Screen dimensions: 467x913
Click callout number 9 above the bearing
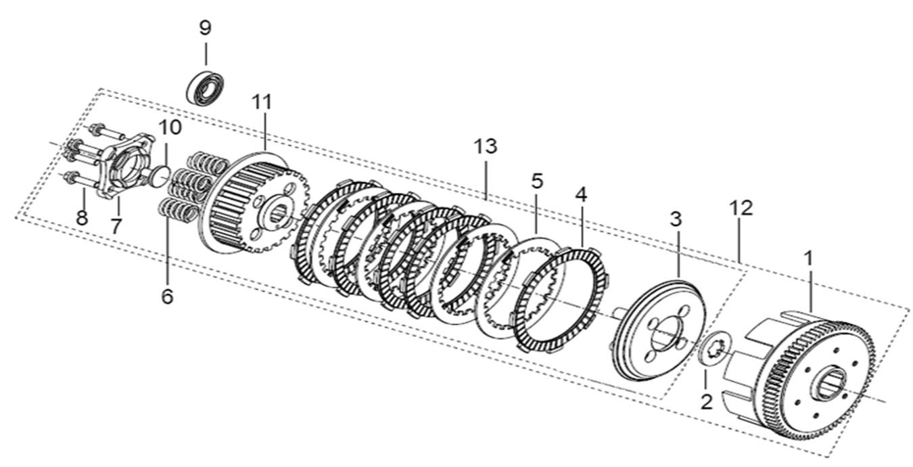[205, 28]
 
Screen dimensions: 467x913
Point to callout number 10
[170, 127]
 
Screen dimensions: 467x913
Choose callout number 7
[116, 225]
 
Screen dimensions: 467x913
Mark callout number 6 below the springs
[167, 296]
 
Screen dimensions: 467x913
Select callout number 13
[486, 146]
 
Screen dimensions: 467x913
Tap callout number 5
[537, 181]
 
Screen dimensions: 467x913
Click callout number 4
[582, 196]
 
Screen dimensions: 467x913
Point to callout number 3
[676, 219]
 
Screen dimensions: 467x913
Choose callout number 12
[741, 208]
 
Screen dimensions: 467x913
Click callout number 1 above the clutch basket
[807, 258]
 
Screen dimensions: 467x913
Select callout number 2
[706, 402]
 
